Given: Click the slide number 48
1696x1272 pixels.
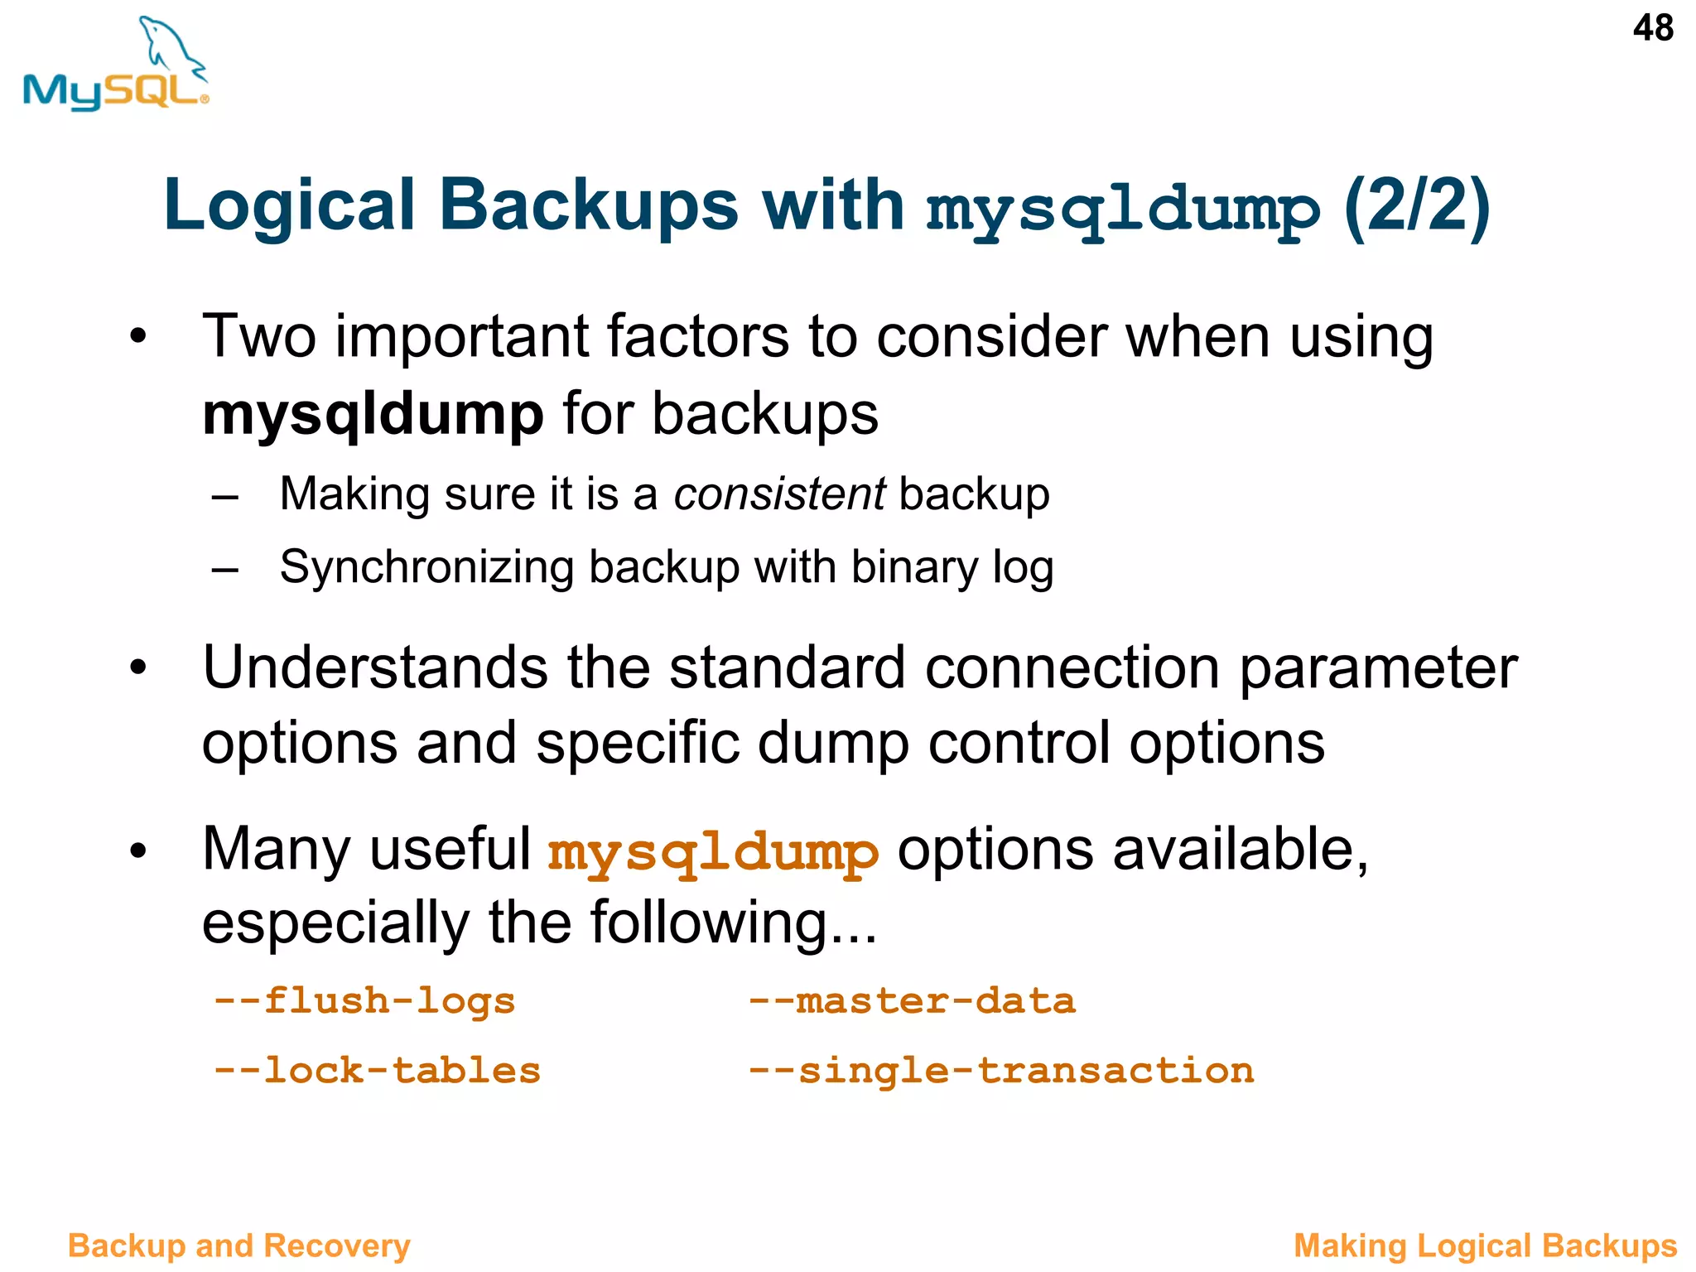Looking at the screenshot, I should tap(1653, 28).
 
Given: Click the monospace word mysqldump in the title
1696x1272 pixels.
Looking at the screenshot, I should tap(1123, 209).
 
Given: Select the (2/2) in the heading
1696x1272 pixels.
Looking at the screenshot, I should tap(1417, 207).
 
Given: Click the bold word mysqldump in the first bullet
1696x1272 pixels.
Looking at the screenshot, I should tap(373, 414).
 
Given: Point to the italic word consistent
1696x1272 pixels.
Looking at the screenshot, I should tap(779, 494).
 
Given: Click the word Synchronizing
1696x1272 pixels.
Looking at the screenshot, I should tap(426, 568).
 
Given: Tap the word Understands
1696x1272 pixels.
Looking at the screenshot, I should tap(375, 667).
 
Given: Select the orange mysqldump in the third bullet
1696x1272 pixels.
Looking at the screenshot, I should tap(713, 852).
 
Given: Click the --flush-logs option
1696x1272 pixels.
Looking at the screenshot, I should tap(364, 1000).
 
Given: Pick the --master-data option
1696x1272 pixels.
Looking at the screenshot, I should tap(912, 1000).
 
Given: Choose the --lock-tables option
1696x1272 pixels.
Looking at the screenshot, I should tap(377, 1070).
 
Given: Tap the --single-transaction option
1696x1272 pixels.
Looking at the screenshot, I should tap(1001, 1070).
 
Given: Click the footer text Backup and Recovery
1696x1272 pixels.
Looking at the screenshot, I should tap(238, 1245).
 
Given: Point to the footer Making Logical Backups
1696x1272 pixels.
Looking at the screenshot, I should tap(1485, 1245).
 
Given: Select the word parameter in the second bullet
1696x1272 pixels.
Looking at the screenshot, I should tap(1378, 667).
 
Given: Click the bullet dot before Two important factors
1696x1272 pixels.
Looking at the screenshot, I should tap(137, 337).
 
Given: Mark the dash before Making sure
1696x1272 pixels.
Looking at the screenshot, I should tap(224, 497).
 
